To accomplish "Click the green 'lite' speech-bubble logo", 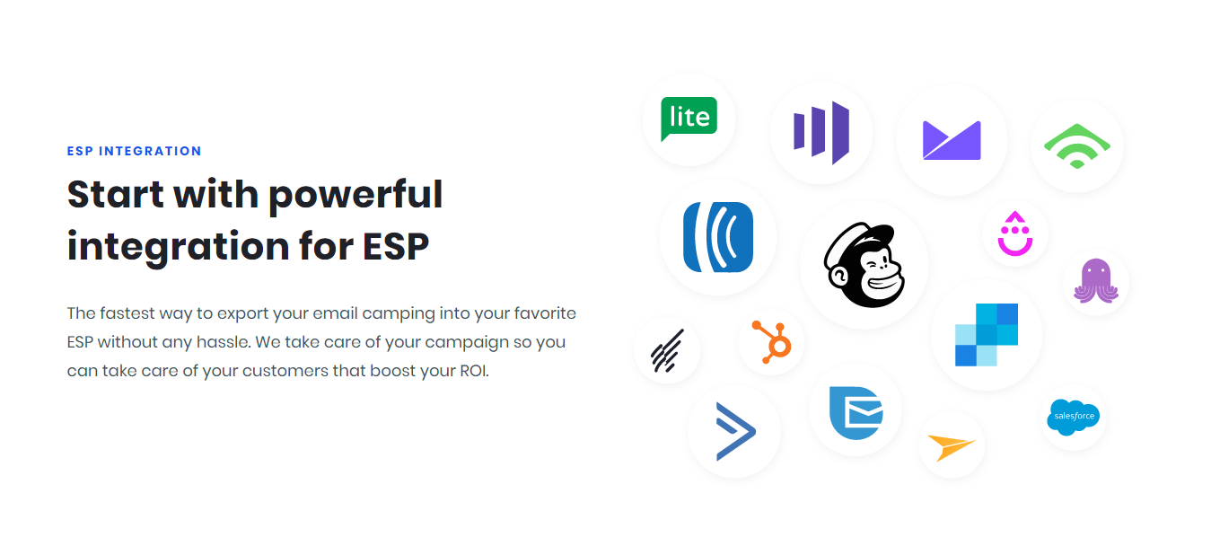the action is pos(689,119).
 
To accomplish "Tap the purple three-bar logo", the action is pos(821,132).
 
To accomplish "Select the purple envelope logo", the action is pos(952,140).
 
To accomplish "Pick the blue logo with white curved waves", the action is pos(718,237).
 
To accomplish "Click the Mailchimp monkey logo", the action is pos(864,265).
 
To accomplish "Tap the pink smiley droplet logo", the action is pos(1015,233).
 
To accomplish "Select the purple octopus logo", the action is pos(1096,280).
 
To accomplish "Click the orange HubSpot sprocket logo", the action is pos(772,341).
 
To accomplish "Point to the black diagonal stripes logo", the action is pos(667,351).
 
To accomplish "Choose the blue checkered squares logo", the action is pos(987,335).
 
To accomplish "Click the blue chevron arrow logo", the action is pos(735,431).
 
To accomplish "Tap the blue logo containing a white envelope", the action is pos(856,412).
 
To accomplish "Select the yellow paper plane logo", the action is pos(952,446).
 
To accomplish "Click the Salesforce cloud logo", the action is pos(1073,417).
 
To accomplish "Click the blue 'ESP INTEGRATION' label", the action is pos(134,151).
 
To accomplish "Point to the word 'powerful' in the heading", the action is pos(355,196).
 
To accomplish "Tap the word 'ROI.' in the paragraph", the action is pos(474,371).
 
